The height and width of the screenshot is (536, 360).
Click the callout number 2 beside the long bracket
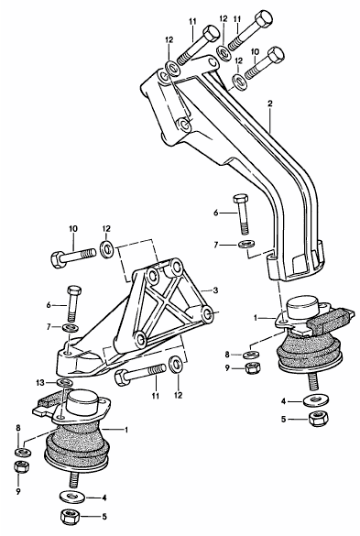point(270,104)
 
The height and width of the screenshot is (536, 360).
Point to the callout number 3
point(215,290)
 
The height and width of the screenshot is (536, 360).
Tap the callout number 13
point(40,382)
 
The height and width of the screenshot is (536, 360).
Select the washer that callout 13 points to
point(62,382)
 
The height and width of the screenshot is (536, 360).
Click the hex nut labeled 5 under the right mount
point(317,420)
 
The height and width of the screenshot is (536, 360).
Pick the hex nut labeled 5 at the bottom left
point(69,517)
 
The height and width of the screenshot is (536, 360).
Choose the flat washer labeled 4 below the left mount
point(71,497)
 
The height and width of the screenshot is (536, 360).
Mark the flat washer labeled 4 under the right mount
point(316,400)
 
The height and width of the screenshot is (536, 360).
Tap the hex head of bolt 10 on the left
point(58,260)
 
